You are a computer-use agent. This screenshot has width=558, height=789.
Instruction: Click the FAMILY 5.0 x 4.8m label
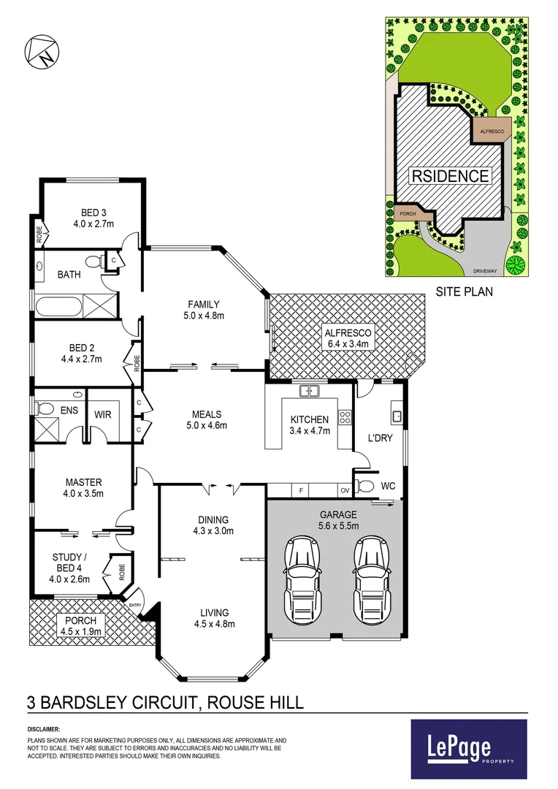(204, 310)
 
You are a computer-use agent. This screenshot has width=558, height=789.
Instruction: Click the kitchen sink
(310, 392)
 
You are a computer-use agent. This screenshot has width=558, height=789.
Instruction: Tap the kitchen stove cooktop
(345, 420)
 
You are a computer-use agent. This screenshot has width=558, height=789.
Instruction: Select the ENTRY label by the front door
(135, 605)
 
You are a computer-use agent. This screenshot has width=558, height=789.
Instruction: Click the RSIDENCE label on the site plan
(449, 176)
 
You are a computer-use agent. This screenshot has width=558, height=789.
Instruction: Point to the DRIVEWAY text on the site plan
(484, 270)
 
